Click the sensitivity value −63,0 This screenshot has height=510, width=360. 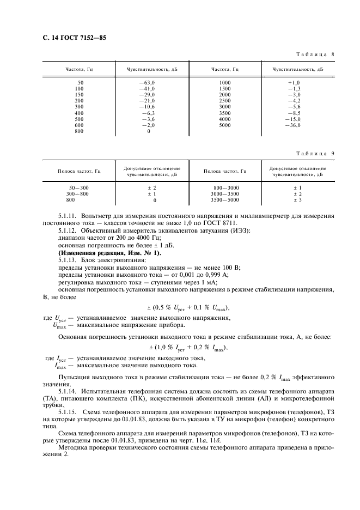pos(147,82)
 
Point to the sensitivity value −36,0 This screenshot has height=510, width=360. pos(292,125)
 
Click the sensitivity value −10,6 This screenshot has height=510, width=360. pos(147,107)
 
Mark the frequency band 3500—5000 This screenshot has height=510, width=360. pos(225,200)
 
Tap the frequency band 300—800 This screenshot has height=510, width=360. pos(77,194)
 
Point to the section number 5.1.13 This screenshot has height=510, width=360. pos(68,260)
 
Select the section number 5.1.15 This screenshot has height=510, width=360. pos(68,406)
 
